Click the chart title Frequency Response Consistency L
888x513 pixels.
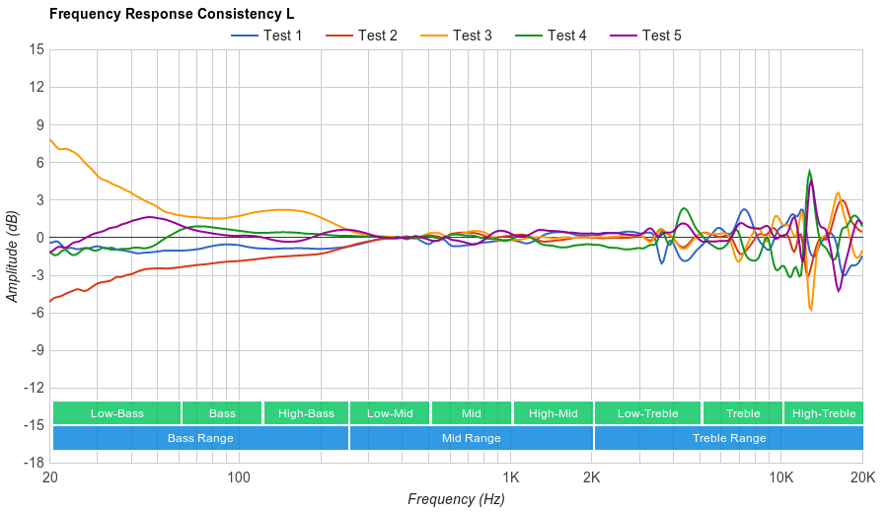pos(171,14)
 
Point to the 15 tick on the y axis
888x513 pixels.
pos(37,49)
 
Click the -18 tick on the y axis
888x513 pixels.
pos(34,462)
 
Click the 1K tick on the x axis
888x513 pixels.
pos(511,476)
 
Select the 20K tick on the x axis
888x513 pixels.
pos(862,476)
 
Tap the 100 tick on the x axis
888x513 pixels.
pos(239,476)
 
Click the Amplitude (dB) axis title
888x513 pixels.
pos(13,255)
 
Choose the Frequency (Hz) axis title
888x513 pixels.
pos(456,499)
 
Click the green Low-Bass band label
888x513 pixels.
pos(116,413)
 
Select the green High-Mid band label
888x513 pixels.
pos(553,413)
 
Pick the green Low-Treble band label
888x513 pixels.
pos(648,413)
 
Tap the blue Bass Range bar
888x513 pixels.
pos(200,438)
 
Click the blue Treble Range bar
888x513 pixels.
pos(729,438)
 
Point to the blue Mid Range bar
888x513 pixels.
pos(471,438)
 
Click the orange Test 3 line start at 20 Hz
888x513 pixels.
pos(50,139)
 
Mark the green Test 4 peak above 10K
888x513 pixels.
pos(810,171)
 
